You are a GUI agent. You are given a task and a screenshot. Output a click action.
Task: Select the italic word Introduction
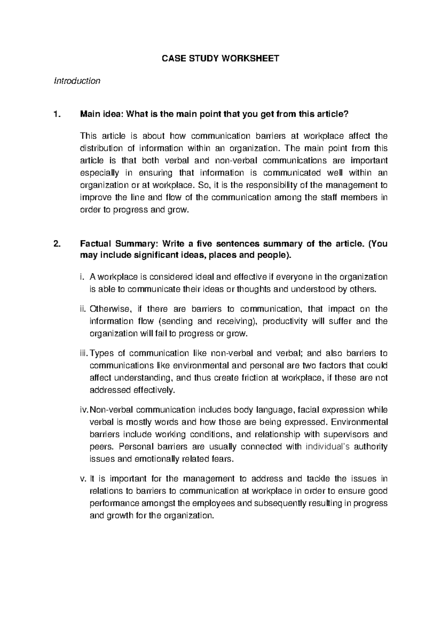[x=77, y=80]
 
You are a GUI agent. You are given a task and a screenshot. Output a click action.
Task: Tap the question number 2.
[x=56, y=244]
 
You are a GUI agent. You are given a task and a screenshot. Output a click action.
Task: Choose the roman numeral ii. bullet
[x=83, y=309]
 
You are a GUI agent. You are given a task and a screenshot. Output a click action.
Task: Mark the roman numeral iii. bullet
[x=84, y=354]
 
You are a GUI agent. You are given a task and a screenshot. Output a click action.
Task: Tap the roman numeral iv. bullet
[x=84, y=410]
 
